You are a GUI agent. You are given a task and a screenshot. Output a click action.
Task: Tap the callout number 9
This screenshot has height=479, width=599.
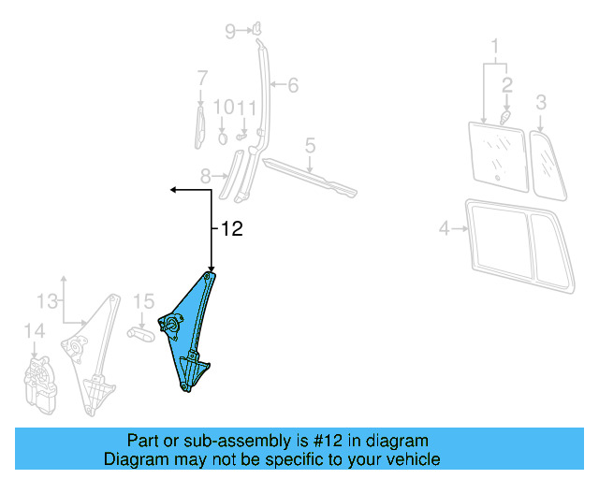[x=230, y=32]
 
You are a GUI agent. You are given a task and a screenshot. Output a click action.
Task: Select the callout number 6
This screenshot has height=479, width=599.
[x=293, y=85]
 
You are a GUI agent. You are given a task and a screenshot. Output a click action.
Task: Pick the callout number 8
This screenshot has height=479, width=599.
[x=207, y=174]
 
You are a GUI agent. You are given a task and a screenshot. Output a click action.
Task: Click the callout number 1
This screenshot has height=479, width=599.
[x=496, y=44]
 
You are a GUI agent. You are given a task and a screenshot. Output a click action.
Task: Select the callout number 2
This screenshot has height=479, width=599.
[x=506, y=84]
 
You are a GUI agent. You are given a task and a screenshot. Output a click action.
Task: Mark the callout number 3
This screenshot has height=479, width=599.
[x=541, y=101]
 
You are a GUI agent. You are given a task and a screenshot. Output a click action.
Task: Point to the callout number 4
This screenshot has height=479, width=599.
[x=445, y=227]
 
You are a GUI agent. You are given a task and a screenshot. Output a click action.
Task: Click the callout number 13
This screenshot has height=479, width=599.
[x=47, y=300]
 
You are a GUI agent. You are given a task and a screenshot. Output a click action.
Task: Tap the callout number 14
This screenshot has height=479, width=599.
[x=34, y=330]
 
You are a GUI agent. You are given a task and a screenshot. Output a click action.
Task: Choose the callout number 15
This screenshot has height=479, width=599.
[x=142, y=301]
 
